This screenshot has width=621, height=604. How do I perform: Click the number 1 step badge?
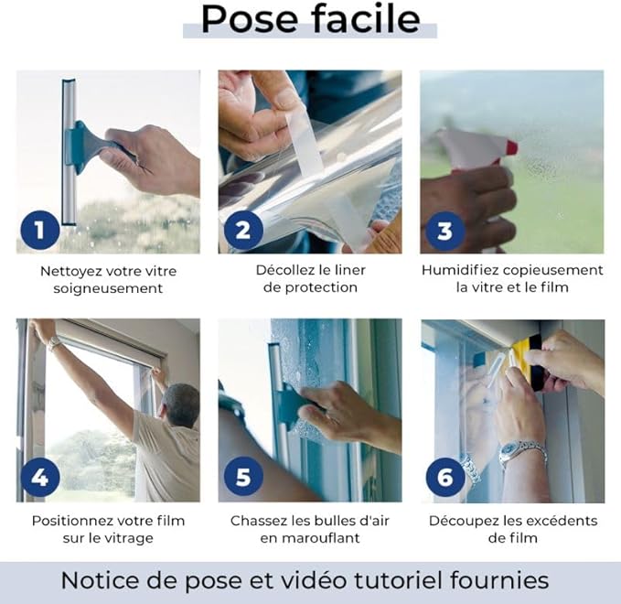[40, 231]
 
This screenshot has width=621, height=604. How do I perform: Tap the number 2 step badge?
[243, 231]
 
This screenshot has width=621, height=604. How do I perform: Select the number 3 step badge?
[445, 231]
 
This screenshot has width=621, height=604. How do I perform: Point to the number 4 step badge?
[40, 477]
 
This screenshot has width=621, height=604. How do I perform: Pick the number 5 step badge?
[243, 477]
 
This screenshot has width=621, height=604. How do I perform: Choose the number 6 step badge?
[445, 477]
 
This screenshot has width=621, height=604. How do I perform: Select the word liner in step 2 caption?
[349, 270]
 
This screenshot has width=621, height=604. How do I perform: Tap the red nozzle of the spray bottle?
[511, 147]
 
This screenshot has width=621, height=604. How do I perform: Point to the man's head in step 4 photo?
[180, 404]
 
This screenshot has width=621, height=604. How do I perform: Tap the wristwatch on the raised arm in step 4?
[53, 342]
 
